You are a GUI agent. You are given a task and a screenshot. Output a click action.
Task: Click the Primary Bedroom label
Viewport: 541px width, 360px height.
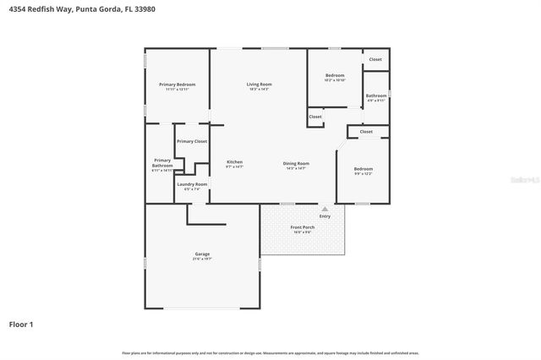click(x=177, y=85)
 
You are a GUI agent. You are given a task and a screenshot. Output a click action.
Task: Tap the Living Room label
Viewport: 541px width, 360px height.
click(x=259, y=85)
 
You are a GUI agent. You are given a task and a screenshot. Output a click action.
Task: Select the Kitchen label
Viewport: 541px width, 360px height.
click(x=234, y=161)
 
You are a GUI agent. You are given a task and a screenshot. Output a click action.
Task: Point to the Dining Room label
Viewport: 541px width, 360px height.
click(x=296, y=163)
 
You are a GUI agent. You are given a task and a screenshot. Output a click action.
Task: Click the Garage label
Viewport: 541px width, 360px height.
click(x=202, y=254)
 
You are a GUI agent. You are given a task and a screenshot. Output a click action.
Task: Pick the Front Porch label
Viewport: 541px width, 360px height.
click(x=302, y=226)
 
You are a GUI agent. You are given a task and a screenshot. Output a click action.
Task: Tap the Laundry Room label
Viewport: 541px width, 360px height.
click(x=192, y=183)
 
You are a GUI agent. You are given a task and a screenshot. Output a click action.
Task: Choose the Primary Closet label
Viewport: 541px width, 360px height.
click(x=192, y=141)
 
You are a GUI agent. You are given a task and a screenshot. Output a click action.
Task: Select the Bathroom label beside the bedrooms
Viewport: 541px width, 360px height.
click(x=376, y=95)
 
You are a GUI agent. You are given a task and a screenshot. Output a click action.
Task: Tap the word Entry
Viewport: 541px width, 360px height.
click(x=325, y=216)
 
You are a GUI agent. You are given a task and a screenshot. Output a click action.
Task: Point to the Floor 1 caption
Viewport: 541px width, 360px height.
click(x=21, y=324)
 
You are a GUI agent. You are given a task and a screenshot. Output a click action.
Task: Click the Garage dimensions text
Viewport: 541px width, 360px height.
click(x=202, y=259)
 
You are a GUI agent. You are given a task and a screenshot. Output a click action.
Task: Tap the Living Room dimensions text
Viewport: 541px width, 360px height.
click(x=259, y=90)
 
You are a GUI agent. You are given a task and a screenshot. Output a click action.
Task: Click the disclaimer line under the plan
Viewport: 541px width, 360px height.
click(x=270, y=352)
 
